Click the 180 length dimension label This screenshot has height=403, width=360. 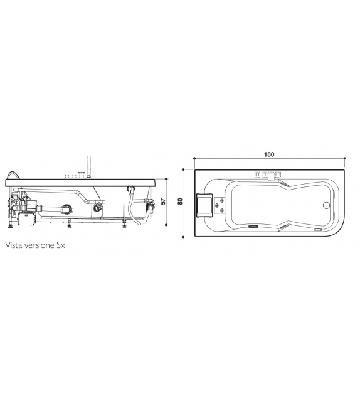click(269, 154)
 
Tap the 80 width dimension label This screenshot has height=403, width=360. click(180, 201)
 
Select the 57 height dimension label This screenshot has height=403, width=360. click(163, 201)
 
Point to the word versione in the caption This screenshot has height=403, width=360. click(40, 245)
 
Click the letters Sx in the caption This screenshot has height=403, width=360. click(61, 245)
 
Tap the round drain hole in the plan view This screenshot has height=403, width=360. click(326, 205)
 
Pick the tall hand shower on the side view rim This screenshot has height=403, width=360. click(89, 166)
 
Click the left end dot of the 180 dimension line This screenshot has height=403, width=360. click(194, 159)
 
